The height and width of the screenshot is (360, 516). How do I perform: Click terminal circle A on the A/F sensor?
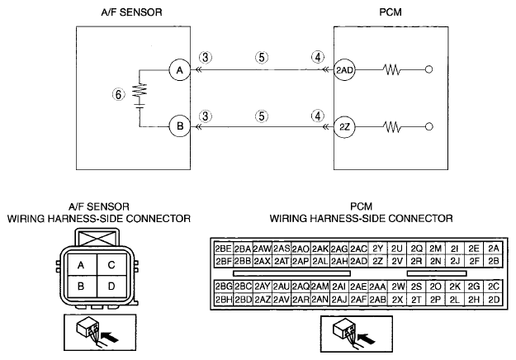click(x=180, y=70)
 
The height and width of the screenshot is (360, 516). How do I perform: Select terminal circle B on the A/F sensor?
click(x=180, y=126)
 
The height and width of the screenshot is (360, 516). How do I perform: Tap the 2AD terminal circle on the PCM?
click(x=344, y=69)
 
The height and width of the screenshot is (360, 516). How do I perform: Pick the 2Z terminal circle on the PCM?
click(x=344, y=126)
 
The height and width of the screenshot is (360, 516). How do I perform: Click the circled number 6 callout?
click(x=118, y=95)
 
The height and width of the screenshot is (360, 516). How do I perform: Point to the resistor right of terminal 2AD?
click(x=391, y=69)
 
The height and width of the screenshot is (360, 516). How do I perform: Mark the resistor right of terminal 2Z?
click(x=391, y=126)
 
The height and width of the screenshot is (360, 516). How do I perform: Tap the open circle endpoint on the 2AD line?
click(x=428, y=69)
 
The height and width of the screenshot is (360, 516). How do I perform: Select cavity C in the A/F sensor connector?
click(x=111, y=265)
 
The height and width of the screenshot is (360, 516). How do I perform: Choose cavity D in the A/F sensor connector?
click(x=111, y=287)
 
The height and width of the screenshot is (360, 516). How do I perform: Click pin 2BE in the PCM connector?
click(x=224, y=249)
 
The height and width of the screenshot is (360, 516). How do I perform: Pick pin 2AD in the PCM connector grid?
click(x=358, y=261)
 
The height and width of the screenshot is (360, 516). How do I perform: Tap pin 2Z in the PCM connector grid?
click(x=378, y=261)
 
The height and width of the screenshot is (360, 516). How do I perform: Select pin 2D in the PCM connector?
click(x=494, y=300)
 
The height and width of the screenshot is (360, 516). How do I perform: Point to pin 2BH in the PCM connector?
click(x=224, y=300)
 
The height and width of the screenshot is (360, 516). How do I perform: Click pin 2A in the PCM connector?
click(x=494, y=249)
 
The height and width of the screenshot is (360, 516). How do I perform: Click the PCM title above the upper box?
click(x=391, y=12)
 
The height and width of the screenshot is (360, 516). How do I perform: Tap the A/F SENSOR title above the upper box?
click(x=131, y=12)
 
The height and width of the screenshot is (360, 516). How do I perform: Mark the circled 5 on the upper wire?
click(x=262, y=58)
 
